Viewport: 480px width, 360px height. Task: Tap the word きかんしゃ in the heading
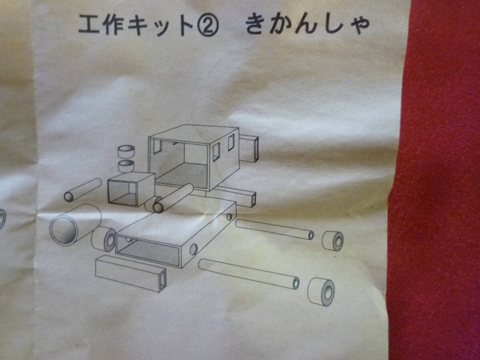307,26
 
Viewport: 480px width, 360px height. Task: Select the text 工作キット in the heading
136,26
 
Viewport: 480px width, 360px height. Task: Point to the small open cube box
130,189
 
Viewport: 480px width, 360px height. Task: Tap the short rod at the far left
83,190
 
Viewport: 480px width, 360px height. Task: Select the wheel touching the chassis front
104,239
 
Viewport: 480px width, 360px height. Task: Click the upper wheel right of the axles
333,240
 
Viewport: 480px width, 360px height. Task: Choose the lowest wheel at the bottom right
321,292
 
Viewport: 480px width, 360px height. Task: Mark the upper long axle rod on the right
274,229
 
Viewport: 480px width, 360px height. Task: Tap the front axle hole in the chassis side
194,249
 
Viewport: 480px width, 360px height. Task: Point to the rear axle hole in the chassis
229,217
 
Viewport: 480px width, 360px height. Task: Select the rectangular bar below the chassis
131,274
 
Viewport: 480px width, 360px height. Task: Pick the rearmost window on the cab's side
231,142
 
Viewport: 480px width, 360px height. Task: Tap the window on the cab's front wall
157,146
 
